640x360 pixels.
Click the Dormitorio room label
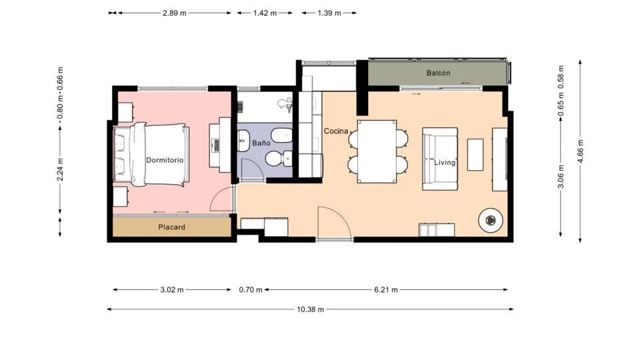(x=165, y=160)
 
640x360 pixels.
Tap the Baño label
(x=261, y=143)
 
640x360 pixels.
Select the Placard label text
(x=171, y=227)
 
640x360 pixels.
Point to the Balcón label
(x=438, y=73)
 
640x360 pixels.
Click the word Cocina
(x=336, y=131)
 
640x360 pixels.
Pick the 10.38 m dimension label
(x=310, y=309)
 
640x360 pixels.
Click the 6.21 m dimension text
(x=386, y=290)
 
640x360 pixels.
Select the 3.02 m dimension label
(x=172, y=290)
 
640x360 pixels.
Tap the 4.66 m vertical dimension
(x=581, y=151)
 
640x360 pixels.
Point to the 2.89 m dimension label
(x=174, y=13)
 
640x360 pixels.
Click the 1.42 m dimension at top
(x=265, y=13)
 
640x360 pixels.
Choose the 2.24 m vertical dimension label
(x=60, y=170)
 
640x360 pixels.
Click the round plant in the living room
(x=491, y=221)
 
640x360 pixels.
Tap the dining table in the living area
(x=377, y=151)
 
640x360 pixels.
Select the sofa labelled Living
(x=439, y=159)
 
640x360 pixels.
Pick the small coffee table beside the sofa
(x=475, y=155)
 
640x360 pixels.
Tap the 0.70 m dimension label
(x=251, y=290)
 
